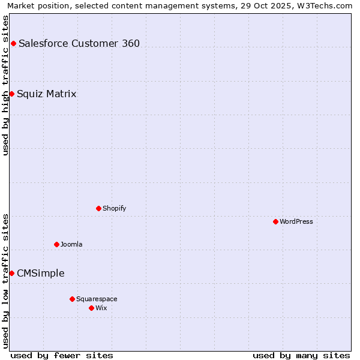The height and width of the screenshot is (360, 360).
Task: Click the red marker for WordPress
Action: tap(275, 221)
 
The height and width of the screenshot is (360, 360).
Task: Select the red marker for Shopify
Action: tap(98, 208)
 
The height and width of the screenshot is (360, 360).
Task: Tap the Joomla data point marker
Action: tap(56, 244)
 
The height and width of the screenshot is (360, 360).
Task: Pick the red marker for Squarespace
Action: tap(72, 299)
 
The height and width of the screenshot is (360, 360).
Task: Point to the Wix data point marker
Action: tap(91, 308)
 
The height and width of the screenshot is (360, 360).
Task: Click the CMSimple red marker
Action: tap(11, 273)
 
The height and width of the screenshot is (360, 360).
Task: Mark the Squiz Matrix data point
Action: tap(11, 94)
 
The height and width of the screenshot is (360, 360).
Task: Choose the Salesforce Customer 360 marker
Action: tap(13, 43)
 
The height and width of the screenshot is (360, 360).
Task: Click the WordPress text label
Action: tap(296, 221)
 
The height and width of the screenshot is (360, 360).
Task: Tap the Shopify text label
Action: tap(114, 208)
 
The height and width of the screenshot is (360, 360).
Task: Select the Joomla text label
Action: tap(71, 244)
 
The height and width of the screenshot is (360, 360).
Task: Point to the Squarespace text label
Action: tap(97, 299)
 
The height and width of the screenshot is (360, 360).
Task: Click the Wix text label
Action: tap(101, 308)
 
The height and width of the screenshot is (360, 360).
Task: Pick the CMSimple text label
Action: tap(41, 274)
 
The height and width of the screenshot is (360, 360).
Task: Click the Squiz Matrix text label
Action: tap(47, 94)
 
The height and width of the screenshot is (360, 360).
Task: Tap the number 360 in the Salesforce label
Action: tap(131, 43)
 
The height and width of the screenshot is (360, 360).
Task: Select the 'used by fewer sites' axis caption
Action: tap(62, 355)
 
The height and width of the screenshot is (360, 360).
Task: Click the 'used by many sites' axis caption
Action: tap(301, 355)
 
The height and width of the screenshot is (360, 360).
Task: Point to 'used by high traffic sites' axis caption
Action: tap(6, 85)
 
